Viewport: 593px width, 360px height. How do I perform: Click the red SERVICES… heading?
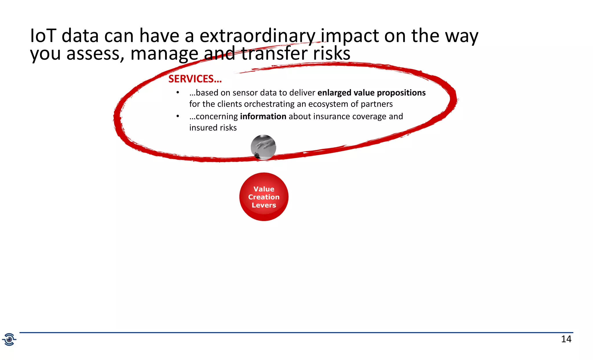195,79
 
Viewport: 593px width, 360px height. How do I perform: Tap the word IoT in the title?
43,36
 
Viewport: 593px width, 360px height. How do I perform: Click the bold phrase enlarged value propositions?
371,93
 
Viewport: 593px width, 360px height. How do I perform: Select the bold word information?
263,116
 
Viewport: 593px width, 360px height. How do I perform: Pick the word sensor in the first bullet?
245,93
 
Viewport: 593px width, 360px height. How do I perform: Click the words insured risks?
213,128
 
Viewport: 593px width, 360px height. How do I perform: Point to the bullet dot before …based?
178,93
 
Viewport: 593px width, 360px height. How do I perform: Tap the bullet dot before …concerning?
178,116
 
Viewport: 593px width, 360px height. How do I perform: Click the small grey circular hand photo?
263,147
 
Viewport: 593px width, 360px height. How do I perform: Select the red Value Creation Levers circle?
264,197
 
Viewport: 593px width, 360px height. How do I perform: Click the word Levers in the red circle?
264,205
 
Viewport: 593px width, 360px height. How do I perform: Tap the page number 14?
566,339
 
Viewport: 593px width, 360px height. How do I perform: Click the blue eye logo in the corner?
9,339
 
